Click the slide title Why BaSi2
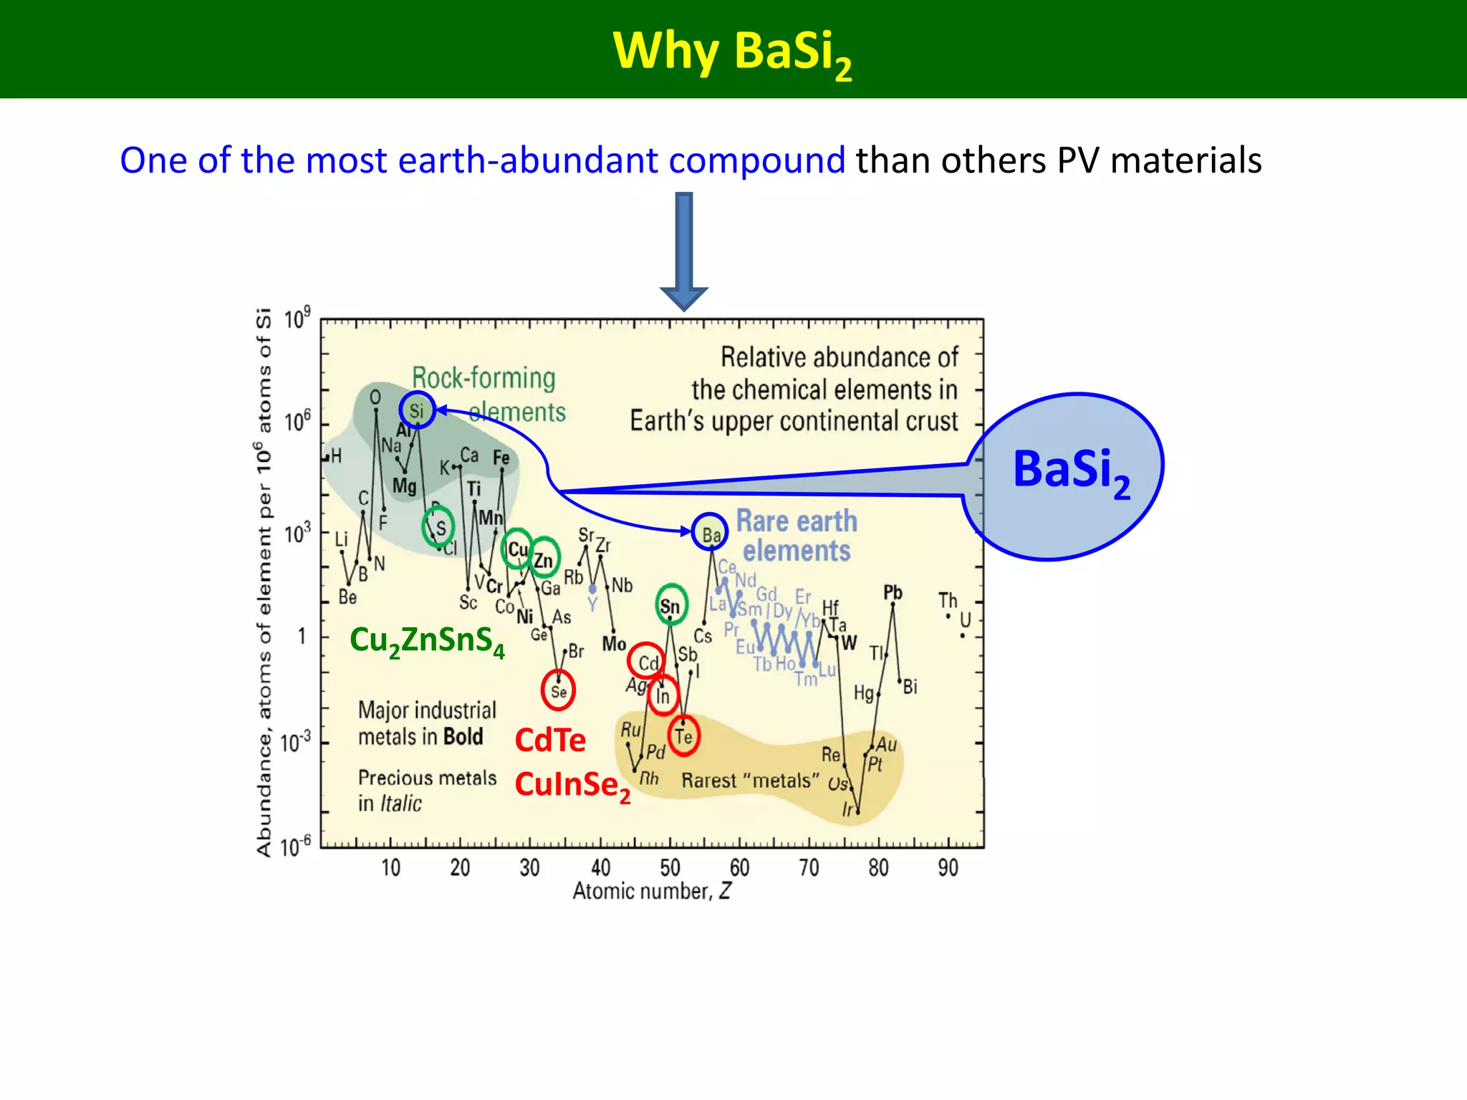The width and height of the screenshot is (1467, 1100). pyautogui.click(x=732, y=52)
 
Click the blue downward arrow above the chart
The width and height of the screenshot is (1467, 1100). pyautogui.click(x=684, y=251)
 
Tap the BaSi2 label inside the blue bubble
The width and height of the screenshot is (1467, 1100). pyautogui.click(x=1071, y=471)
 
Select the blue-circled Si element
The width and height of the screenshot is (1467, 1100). pyautogui.click(x=417, y=410)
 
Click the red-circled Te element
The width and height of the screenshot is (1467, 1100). pyautogui.click(x=684, y=735)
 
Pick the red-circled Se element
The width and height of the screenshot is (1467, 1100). pyautogui.click(x=558, y=690)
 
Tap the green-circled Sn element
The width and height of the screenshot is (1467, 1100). pyautogui.click(x=670, y=606)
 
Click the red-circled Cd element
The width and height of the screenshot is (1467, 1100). pyautogui.click(x=647, y=662)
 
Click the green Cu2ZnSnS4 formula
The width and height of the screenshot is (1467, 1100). pyautogui.click(x=427, y=640)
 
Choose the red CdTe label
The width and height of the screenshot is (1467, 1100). pyautogui.click(x=550, y=740)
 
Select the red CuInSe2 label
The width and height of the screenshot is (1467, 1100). pyautogui.click(x=572, y=785)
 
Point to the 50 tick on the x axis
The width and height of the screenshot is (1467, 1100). pyautogui.click(x=670, y=868)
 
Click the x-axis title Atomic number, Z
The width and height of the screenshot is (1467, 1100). pyautogui.click(x=651, y=891)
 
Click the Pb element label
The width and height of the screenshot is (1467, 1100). pyautogui.click(x=893, y=592)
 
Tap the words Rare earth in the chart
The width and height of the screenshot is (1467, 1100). pyautogui.click(x=797, y=521)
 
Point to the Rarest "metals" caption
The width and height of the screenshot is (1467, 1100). pyautogui.click(x=750, y=781)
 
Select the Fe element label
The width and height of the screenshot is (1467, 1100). pyautogui.click(x=501, y=457)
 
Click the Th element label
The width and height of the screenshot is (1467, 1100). pyautogui.click(x=948, y=599)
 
